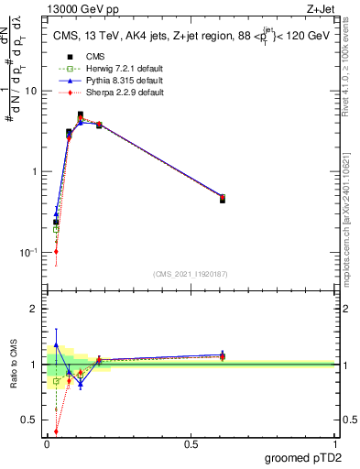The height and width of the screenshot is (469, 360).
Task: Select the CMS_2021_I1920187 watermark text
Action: pyautogui.click(x=191, y=273)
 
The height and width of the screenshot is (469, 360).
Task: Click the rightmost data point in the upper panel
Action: pyautogui.click(x=223, y=198)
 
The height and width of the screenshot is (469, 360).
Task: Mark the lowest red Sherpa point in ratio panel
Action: pyautogui.click(x=56, y=431)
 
